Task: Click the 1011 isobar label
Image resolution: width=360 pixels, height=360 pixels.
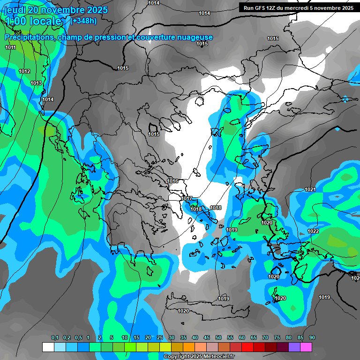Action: [x=11, y=47]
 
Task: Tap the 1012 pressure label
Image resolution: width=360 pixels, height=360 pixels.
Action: [x=24, y=71]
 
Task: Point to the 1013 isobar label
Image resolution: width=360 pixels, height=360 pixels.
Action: [x=36, y=83]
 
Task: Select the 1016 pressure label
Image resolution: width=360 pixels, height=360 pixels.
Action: [x=173, y=181]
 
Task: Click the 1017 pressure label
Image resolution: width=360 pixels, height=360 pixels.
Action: [x=187, y=199]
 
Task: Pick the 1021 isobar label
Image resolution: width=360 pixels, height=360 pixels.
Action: [x=310, y=189]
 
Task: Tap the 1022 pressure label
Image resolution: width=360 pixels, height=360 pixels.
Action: [x=314, y=232]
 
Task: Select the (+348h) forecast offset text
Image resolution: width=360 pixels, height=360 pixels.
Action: [x=83, y=21]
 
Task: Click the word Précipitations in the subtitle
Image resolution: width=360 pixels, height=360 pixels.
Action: [x=29, y=37]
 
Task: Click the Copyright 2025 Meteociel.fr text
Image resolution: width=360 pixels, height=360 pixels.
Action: [x=199, y=357]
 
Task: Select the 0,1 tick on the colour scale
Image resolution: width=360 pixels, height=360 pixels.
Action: [x=55, y=337]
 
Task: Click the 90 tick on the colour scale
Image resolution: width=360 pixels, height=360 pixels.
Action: [x=312, y=337]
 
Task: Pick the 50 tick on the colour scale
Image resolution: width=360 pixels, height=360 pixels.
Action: [x=218, y=337]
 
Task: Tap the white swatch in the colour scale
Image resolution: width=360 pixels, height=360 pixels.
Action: [x=48, y=347]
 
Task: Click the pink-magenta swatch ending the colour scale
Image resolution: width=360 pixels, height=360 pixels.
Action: [x=306, y=347]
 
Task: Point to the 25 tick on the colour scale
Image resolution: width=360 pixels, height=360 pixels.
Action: [x=160, y=337]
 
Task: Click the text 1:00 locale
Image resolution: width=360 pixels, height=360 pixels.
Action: [x=34, y=21]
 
